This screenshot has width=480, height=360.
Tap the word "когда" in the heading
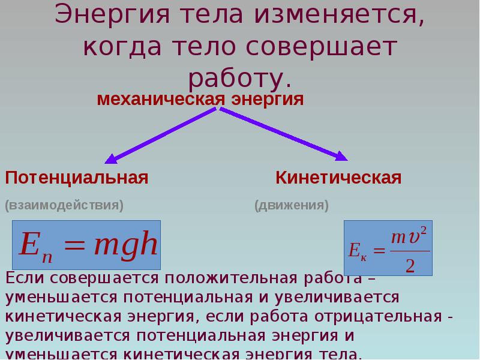point(122,47)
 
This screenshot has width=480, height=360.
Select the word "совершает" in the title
point(322,47)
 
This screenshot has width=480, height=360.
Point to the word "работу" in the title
point(235,80)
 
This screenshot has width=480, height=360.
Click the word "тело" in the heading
point(204,47)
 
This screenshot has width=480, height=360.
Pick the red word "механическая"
point(161,99)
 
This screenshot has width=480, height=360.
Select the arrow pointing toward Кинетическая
point(284,134)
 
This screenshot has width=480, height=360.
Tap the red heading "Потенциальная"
point(77,178)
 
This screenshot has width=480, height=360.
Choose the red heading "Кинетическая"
point(338,178)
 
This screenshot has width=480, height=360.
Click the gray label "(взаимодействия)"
point(64,205)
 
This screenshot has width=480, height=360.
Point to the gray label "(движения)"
point(292,205)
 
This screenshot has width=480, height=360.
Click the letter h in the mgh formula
point(147,244)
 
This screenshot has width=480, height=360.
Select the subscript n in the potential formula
point(47,257)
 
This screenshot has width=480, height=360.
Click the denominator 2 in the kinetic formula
point(410,265)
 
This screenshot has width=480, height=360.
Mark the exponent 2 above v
point(424,230)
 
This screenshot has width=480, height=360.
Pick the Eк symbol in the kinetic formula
point(357,251)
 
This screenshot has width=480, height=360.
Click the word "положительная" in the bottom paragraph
point(231,278)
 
